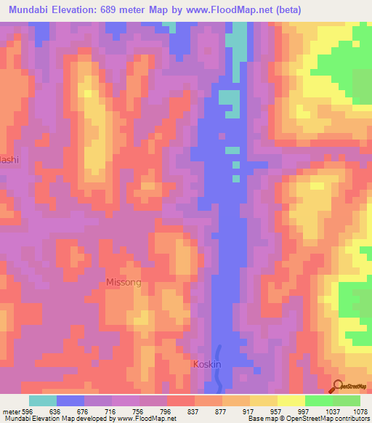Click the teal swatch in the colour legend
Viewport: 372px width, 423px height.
(43, 400)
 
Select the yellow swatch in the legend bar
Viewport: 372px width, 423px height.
(291, 400)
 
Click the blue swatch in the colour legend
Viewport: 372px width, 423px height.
(70, 400)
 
